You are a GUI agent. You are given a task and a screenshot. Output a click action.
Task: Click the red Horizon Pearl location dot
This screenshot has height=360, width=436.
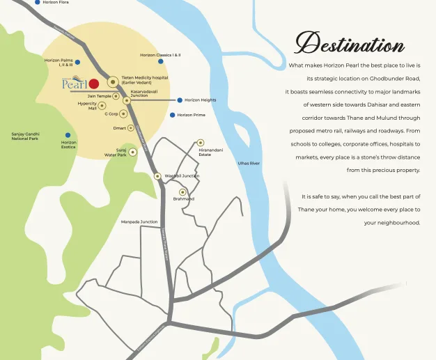[x=94, y=84]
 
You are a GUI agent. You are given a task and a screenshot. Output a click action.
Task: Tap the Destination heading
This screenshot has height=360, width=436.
[x=350, y=44]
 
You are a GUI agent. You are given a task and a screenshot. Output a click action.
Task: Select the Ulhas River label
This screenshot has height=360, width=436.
[x=249, y=163]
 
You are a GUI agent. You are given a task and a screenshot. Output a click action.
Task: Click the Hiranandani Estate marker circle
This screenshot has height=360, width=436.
[x=201, y=142]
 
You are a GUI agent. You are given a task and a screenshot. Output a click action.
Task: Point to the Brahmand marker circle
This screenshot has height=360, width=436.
[x=183, y=191]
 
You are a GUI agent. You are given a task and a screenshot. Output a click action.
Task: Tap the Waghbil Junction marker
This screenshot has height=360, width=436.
[x=158, y=176]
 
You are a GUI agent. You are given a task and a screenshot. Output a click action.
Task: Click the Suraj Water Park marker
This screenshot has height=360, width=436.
[x=132, y=151]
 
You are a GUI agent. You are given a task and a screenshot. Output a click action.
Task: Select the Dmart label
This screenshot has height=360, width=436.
[x=119, y=128]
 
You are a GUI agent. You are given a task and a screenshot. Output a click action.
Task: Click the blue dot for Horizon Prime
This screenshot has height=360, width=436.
[x=172, y=115]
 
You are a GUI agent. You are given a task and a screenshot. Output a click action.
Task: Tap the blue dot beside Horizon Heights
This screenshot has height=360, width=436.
[x=179, y=100]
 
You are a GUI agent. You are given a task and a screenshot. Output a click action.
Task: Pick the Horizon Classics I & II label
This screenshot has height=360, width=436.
[x=160, y=55]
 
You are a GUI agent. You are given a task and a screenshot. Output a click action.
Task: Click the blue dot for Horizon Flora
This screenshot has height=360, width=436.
[x=37, y=3]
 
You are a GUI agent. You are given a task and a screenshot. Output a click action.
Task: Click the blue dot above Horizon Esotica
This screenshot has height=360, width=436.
[x=68, y=135]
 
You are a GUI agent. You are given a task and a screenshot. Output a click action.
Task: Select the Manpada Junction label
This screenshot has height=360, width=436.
[x=139, y=221]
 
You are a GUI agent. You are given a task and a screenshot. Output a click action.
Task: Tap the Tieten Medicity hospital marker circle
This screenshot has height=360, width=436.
[x=112, y=81]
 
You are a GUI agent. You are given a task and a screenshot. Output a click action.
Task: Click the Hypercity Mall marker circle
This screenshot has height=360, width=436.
[x=102, y=106]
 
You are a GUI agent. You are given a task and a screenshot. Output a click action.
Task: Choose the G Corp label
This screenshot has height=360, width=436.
[x=111, y=114]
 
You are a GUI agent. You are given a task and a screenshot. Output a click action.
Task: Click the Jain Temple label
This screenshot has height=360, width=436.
[x=99, y=96]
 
